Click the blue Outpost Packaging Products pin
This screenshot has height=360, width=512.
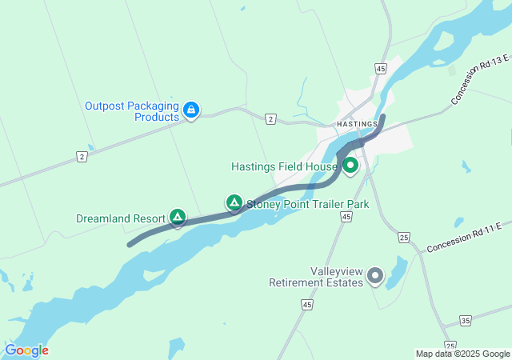click(x=191, y=110)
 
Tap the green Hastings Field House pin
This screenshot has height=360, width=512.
click(x=350, y=166)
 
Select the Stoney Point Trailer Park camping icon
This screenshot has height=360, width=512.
click(x=234, y=203)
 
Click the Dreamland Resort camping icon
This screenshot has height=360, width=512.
click(x=178, y=217)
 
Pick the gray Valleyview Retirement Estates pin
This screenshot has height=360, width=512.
click(x=374, y=277)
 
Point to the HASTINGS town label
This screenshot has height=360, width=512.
click(x=357, y=125)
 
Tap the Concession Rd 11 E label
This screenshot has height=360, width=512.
click(x=469, y=238)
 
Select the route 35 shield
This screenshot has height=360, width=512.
click(x=466, y=321)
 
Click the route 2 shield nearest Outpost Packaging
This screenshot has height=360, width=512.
click(x=271, y=118)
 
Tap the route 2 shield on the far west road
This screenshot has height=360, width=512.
click(x=82, y=157)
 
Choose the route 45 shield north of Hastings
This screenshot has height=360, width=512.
click(x=380, y=70)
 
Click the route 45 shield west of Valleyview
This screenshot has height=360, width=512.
click(x=308, y=304)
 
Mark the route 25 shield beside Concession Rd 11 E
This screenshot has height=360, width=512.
click(x=404, y=238)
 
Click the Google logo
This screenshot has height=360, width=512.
click(x=26, y=350)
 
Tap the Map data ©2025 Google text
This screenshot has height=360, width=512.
click(x=462, y=354)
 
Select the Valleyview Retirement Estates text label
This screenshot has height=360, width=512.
click(x=316, y=278)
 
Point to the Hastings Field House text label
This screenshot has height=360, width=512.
click(x=284, y=167)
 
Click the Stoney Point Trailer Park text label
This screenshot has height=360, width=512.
click(x=307, y=204)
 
